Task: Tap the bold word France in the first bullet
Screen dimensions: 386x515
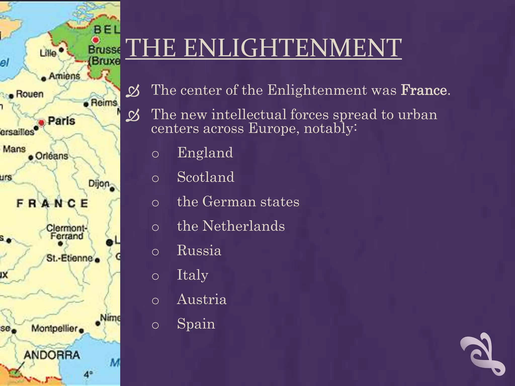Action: click(x=424, y=90)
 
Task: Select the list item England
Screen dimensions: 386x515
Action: click(x=205, y=153)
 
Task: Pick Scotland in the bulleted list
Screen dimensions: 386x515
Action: click(x=206, y=177)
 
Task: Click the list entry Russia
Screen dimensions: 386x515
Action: click(x=199, y=250)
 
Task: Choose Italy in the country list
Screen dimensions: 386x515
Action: click(x=193, y=275)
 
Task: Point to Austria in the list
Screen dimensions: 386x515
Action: click(x=202, y=299)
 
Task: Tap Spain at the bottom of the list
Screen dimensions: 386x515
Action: click(x=196, y=324)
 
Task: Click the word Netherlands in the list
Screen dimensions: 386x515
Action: click(x=243, y=226)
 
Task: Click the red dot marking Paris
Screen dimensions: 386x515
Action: click(x=41, y=123)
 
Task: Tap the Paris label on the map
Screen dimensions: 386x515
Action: click(x=62, y=121)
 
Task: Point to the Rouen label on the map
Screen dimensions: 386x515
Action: click(x=30, y=94)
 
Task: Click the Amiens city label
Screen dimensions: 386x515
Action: click(x=64, y=76)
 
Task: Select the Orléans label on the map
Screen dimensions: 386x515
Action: click(x=52, y=156)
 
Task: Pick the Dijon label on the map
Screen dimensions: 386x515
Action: click(x=99, y=184)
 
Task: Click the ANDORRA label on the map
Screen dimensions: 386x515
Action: click(x=52, y=355)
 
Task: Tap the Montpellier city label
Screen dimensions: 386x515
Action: click(x=54, y=328)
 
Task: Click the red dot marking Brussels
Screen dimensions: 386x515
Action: click(x=96, y=40)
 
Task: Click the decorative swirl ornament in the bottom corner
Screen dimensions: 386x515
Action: click(x=482, y=354)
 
